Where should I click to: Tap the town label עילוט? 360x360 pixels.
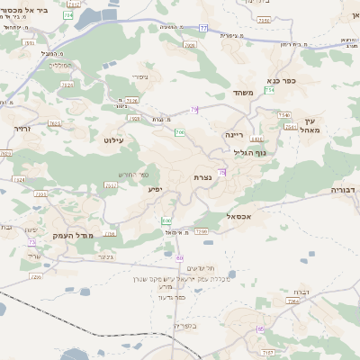click(114, 140)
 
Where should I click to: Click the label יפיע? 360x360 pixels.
click(156, 190)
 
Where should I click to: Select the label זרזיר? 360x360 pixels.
click(23, 129)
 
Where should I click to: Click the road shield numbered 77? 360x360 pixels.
click(203, 29)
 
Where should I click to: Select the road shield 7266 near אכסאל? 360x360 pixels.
click(201, 231)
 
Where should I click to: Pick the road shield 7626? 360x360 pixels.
click(131, 100)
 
